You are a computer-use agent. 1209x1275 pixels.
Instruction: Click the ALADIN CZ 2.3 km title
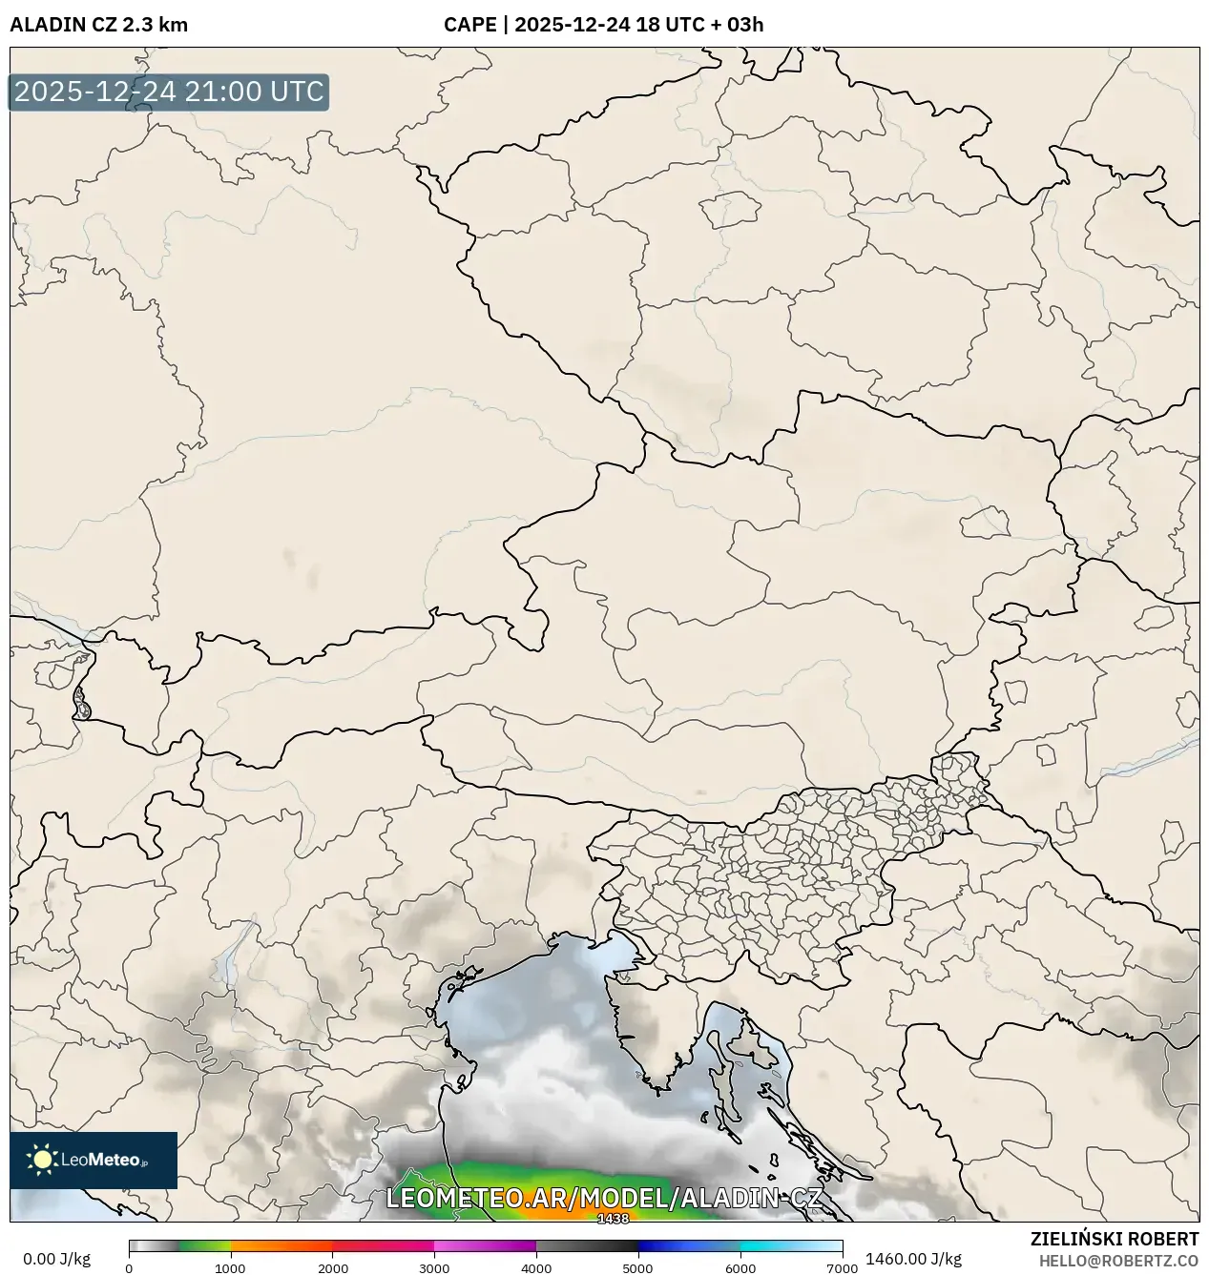pos(98,25)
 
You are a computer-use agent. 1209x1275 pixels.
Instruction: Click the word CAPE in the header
pos(469,25)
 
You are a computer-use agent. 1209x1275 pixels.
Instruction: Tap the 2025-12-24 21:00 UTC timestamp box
pos(169,92)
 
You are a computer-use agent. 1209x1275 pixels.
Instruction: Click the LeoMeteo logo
pos(94,1160)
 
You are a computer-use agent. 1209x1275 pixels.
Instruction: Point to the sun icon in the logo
pos(42,1160)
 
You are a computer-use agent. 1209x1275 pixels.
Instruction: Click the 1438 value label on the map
pos(613,1219)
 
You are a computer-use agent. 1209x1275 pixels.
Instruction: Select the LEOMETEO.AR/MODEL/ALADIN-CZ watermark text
pos(603,1199)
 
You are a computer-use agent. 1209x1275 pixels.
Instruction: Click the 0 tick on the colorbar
pos(130,1268)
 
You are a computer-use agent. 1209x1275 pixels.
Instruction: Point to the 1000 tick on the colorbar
pos(230,1268)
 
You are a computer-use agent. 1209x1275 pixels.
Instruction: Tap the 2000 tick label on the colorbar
pos(332,1268)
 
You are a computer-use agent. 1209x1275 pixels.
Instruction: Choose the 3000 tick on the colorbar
pos(434,1268)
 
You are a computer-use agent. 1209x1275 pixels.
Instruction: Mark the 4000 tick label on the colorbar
pos(536,1268)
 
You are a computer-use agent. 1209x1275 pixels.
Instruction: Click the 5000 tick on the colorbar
pos(638,1268)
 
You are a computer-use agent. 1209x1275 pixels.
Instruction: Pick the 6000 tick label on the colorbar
pos(740,1268)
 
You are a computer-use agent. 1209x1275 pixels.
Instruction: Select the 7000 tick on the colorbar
pos(842,1268)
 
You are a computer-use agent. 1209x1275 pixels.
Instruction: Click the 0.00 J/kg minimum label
pos(56,1259)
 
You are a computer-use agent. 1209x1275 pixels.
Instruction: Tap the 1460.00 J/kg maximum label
pos(913,1259)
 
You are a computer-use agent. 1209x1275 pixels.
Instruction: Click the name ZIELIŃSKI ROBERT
pos(1114,1239)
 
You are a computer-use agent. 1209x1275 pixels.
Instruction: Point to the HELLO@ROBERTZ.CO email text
pos(1118,1261)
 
